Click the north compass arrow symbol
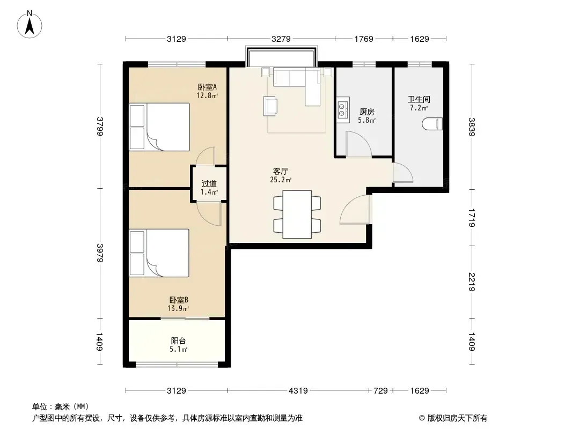[x=30, y=25]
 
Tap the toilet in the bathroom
[x=432, y=124]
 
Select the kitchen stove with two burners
[x=342, y=110]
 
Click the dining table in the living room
[x=297, y=214]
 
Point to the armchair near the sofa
[x=270, y=106]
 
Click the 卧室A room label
[x=207, y=87]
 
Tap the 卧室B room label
[x=178, y=300]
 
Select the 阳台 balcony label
[x=178, y=341]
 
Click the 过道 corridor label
[x=209, y=184]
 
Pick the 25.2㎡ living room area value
[x=281, y=180]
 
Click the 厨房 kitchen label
[x=366, y=112]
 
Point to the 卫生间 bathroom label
[x=419, y=99]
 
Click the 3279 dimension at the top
[x=281, y=39]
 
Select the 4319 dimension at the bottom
[x=298, y=391]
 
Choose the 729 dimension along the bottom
[x=380, y=391]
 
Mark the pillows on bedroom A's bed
[x=137, y=127]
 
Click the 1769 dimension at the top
[x=364, y=39]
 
